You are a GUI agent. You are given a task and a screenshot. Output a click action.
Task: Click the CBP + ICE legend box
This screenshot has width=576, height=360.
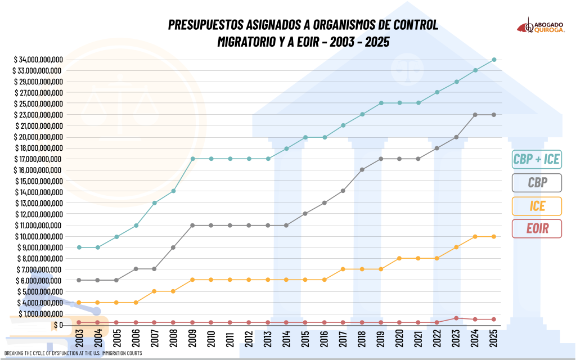(x=537, y=159)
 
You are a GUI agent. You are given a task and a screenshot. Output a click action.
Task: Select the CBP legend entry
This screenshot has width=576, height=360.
(x=537, y=182)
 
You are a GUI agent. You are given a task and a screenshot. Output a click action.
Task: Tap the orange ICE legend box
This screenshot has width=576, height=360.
(x=537, y=205)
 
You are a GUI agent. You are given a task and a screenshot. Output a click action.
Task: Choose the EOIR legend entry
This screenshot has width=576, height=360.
(x=537, y=228)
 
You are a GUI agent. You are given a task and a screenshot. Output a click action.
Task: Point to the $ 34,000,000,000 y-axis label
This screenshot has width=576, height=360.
(x=39, y=60)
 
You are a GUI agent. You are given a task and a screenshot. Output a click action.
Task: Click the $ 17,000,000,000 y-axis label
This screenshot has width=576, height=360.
(x=39, y=159)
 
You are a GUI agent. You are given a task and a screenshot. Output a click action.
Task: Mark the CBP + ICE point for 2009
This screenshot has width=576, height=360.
(x=192, y=159)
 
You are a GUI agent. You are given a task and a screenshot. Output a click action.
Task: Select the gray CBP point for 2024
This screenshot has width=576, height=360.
(x=475, y=115)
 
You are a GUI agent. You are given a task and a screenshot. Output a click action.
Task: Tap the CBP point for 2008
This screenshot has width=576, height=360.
(x=173, y=247)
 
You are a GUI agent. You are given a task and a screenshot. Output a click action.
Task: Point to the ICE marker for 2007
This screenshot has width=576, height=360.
(x=155, y=291)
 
